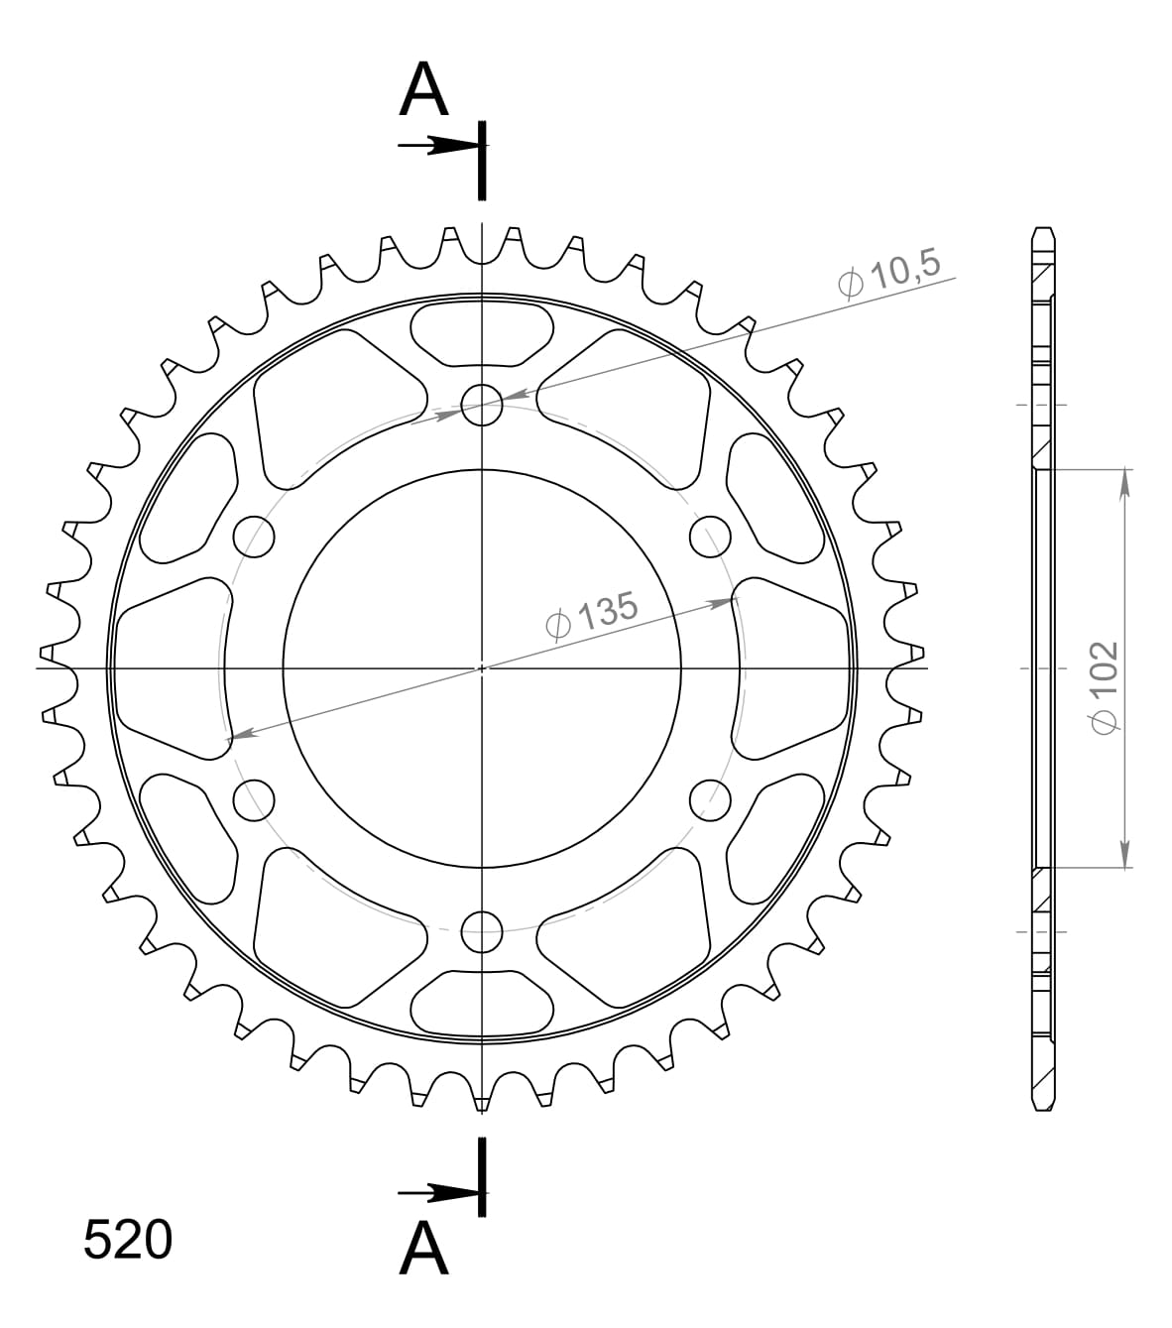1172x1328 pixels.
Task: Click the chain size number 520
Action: [x=128, y=1241]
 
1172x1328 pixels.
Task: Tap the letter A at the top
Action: [x=423, y=90]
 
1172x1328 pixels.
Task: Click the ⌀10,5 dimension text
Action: [x=887, y=277]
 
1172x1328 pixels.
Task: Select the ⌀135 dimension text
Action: [x=591, y=616]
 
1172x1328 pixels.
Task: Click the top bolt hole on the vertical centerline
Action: [x=482, y=405]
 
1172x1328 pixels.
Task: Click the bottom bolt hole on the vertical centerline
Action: [x=482, y=930]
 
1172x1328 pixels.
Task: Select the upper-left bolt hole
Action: [x=254, y=537]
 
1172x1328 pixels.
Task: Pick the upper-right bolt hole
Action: [x=710, y=537]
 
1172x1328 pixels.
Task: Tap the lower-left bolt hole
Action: [x=254, y=799]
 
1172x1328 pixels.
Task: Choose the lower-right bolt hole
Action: [x=710, y=799]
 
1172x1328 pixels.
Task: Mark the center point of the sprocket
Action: [x=482, y=667]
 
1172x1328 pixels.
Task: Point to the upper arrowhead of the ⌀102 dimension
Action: [x=1124, y=480]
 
